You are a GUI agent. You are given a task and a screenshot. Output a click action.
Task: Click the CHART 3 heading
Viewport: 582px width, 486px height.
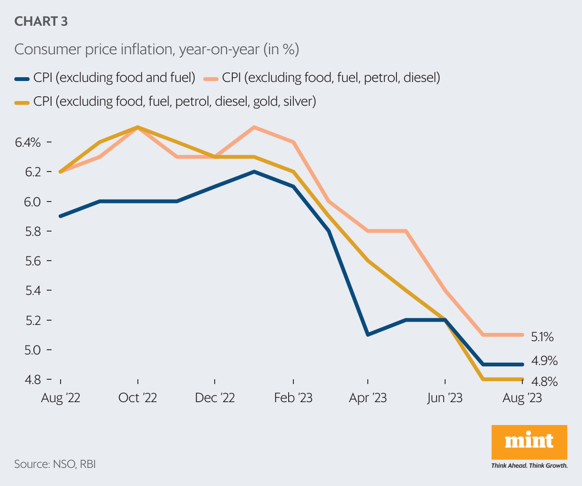[41, 21]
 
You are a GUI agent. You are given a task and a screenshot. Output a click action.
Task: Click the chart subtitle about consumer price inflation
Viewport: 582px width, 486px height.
[156, 49]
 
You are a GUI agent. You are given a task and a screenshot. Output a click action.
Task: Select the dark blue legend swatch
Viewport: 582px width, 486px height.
[22, 78]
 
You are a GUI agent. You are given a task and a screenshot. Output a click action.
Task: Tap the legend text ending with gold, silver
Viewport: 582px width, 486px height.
[175, 101]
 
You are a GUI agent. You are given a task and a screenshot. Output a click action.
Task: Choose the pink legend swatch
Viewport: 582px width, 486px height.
[211, 78]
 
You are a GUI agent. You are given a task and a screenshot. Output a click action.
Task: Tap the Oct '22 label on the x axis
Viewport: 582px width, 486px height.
[137, 398]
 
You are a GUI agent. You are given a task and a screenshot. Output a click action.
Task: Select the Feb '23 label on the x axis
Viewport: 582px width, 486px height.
[293, 398]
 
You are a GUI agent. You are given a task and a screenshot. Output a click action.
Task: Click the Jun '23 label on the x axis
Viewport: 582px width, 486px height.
[445, 398]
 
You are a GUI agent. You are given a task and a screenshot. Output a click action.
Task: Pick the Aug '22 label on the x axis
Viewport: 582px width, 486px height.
[61, 398]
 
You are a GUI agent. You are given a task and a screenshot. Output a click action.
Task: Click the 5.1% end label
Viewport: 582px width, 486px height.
[542, 337]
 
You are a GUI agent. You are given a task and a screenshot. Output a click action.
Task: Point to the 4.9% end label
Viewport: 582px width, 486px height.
[544, 361]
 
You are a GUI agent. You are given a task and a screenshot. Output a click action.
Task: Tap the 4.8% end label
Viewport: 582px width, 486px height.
[544, 381]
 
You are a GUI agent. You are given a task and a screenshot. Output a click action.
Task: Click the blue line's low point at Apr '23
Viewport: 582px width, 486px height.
[367, 335]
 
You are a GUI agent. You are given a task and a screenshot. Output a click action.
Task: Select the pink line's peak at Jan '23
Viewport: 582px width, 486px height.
[254, 127]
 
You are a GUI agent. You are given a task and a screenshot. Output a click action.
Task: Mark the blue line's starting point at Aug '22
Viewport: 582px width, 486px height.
[61, 216]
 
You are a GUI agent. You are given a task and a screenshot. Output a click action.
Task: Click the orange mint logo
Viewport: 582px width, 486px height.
[529, 442]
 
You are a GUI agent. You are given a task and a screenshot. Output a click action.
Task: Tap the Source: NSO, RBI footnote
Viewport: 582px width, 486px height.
[55, 464]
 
